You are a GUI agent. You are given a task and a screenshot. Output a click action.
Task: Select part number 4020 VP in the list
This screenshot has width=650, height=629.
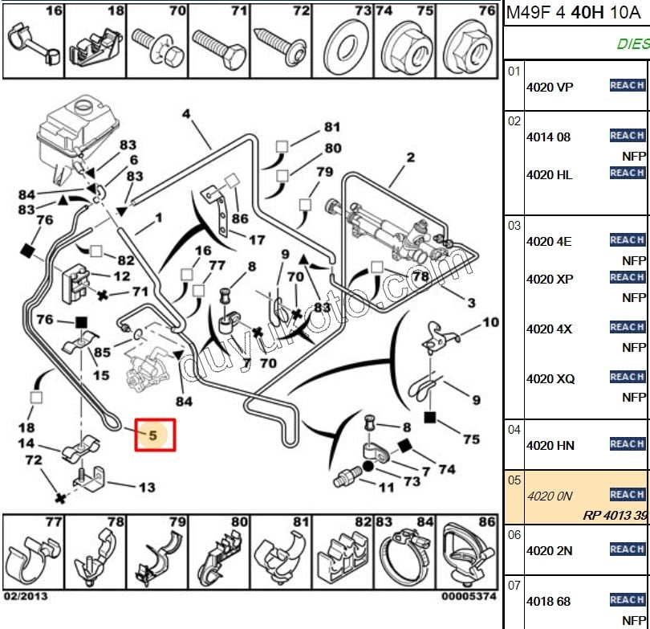(550, 87)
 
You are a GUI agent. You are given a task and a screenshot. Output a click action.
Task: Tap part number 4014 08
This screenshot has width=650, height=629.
(548, 137)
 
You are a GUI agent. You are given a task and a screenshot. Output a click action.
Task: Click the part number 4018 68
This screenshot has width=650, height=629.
(549, 601)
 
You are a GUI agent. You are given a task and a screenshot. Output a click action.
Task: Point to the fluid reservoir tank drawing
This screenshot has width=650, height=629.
(75, 129)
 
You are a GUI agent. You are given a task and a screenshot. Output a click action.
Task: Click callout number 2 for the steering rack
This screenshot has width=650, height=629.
(410, 157)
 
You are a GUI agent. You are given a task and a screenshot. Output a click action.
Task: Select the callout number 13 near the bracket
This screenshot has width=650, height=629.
(147, 487)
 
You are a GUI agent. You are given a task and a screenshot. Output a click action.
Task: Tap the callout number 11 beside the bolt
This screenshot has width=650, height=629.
(386, 487)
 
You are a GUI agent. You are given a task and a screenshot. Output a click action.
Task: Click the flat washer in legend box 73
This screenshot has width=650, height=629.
(342, 39)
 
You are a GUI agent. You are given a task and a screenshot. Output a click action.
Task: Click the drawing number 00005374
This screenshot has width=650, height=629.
(468, 597)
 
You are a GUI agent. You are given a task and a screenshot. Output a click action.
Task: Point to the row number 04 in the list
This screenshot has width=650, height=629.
(514, 430)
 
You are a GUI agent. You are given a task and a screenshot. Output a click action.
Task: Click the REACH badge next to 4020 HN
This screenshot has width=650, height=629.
(627, 444)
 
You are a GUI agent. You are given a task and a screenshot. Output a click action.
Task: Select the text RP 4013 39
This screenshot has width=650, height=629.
(614, 515)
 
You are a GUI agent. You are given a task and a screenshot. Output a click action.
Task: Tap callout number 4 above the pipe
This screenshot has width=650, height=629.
(186, 114)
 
